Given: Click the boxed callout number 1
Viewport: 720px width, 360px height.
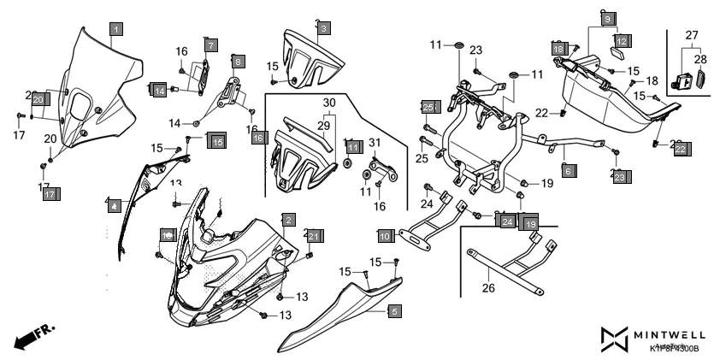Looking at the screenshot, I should tap(115, 29).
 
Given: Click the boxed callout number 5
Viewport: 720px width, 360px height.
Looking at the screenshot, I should tap(393, 311).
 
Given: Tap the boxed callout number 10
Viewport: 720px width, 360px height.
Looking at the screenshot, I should tap(385, 234).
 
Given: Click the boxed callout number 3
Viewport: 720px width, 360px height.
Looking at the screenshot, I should tap(322, 29).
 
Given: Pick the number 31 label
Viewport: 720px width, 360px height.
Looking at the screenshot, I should tap(375, 141).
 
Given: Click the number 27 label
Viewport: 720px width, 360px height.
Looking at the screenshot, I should tap(692, 35).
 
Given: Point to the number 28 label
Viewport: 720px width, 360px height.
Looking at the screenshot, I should tap(700, 59).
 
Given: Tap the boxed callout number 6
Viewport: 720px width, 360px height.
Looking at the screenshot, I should tap(567, 170).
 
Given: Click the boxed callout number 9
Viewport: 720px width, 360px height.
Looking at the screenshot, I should tap(606, 18).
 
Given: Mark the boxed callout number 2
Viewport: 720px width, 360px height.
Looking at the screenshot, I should tap(290, 220).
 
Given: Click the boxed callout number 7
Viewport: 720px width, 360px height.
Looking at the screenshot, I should tap(210, 44).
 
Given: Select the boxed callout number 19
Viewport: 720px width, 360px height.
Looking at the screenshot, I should tap(530, 224).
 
